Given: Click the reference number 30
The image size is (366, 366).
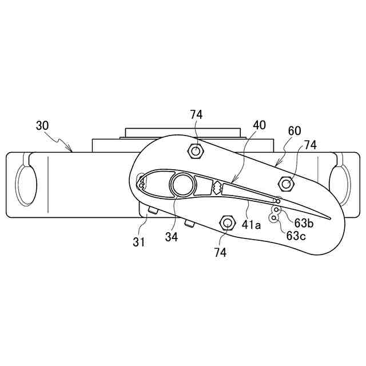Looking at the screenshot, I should point(43,126).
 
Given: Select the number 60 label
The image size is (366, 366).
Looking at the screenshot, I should point(295,131).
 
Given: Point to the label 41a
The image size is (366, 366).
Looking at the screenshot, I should point(251,225).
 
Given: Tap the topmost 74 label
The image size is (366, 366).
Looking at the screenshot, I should point(196,115).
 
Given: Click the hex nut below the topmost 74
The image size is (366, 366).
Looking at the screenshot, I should point(196,152).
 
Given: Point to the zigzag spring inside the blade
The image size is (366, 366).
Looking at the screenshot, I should point(217,187).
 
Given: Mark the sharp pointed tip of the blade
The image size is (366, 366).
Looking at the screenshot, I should point(331,218).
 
